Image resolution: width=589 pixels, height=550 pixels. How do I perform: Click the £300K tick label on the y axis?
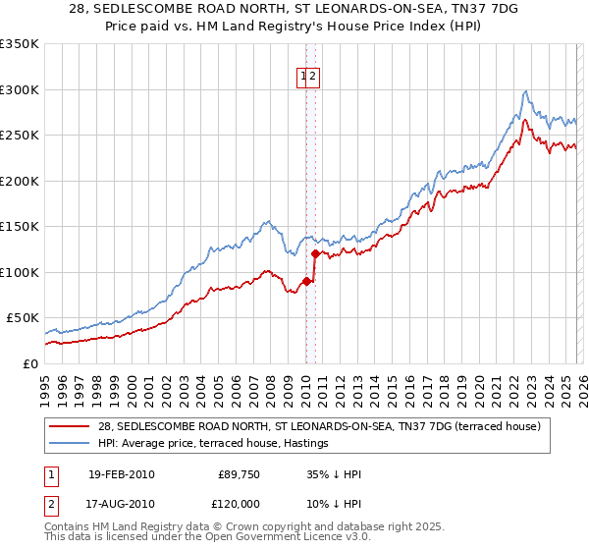tap(20, 89)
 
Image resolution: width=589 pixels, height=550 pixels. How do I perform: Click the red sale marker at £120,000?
tap(314, 253)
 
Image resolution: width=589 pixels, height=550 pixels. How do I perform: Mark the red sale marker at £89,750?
tap(305, 281)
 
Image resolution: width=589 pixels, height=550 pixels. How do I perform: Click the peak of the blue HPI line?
tap(526, 90)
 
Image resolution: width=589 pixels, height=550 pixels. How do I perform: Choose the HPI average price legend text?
tap(212, 444)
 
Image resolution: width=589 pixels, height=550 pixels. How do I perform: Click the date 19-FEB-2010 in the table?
tap(121, 474)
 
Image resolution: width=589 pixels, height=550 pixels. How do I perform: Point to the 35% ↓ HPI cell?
tap(334, 474)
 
